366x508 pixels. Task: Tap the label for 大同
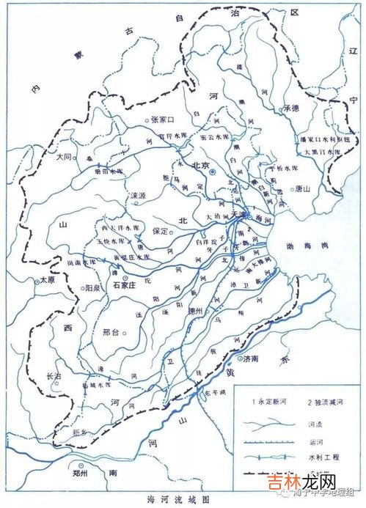pos(66,156)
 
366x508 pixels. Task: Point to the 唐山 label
pos(302,188)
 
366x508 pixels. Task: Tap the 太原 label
pos(48,280)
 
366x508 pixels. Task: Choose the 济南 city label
pos(253,358)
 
